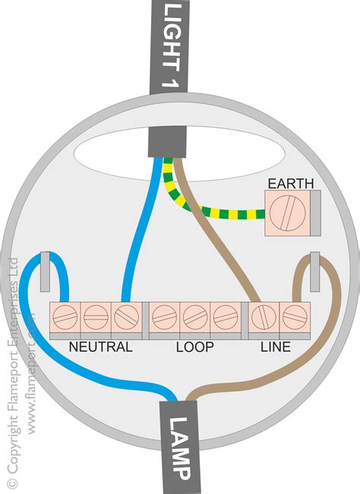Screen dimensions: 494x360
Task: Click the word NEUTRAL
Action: coord(101,347)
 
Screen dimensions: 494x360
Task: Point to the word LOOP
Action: coord(195,347)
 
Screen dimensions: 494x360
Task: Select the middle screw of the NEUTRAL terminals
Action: coord(94,316)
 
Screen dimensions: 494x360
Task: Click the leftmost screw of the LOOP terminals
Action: coord(163,316)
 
